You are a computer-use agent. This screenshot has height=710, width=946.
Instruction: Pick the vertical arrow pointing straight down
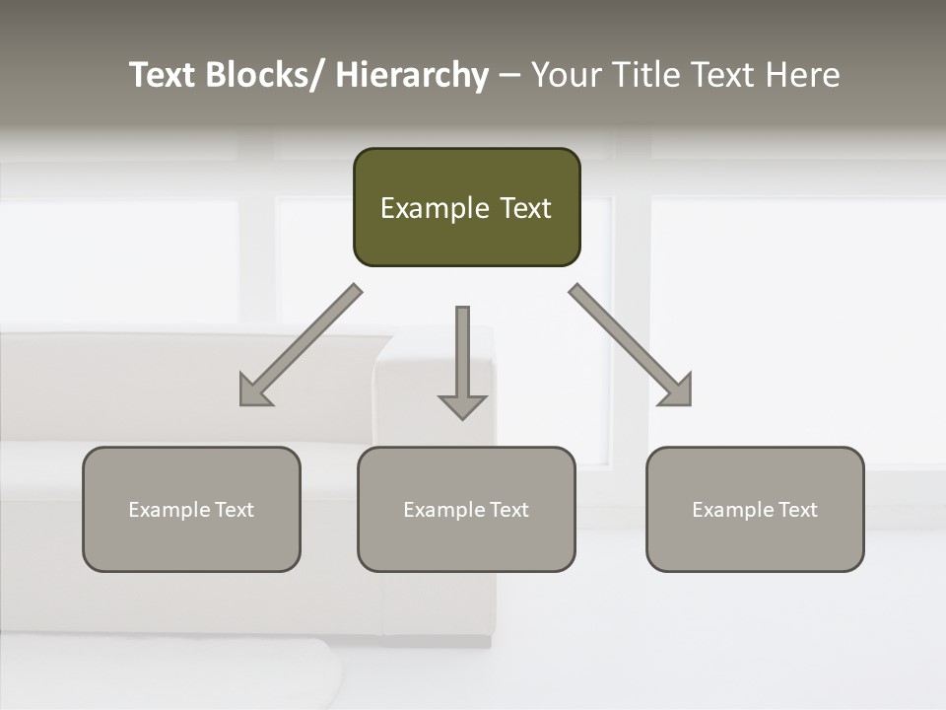[462, 360]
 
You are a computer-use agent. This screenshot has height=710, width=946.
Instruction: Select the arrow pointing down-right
[632, 346]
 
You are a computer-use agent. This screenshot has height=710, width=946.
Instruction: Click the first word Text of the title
[163, 76]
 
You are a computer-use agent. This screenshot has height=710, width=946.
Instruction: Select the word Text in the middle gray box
[508, 510]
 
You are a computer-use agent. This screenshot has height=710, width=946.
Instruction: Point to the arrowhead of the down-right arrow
[677, 391]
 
